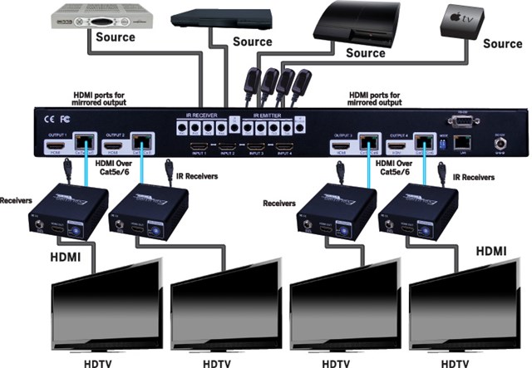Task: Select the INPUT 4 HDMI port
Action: click(x=283, y=146)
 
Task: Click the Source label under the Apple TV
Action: click(x=502, y=43)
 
